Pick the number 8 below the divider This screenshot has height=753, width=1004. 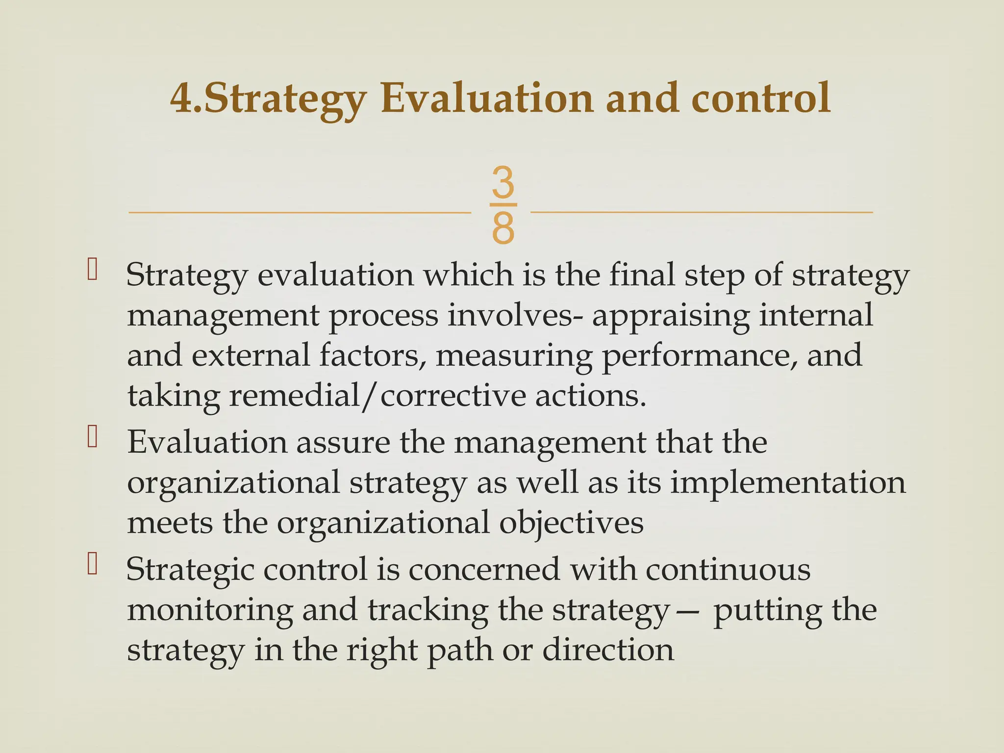[x=503, y=228]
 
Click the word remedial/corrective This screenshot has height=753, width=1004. [x=377, y=396]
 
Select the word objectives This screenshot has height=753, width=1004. [x=571, y=523]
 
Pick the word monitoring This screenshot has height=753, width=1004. [x=210, y=612]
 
